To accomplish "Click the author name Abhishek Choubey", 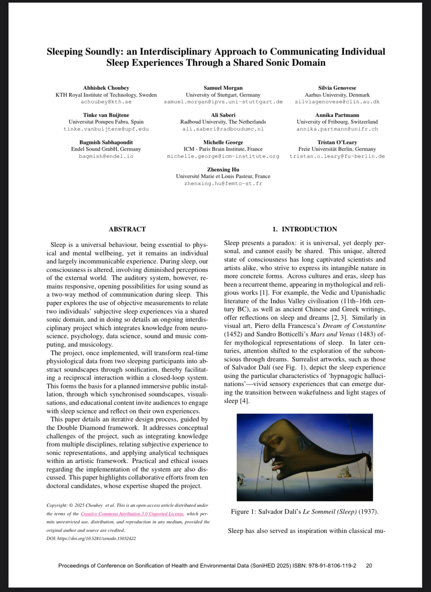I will click(x=106, y=88).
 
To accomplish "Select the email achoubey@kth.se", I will click(x=106, y=102).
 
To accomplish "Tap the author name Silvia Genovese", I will click(x=337, y=88).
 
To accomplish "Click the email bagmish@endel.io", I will click(x=106, y=156).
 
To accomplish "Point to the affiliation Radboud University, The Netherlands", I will click(x=223, y=122).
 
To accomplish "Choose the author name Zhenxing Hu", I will click(x=223, y=170).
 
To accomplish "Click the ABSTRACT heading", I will click(x=127, y=229).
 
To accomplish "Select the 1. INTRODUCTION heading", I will click(x=305, y=229).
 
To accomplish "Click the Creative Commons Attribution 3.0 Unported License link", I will click(x=132, y=514).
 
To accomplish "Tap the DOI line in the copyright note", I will click(x=91, y=539).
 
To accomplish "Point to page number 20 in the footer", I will click(x=369, y=566).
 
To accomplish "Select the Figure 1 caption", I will click(x=305, y=512).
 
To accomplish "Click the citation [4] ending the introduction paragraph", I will click(x=244, y=401).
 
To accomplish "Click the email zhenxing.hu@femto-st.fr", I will click(x=223, y=184).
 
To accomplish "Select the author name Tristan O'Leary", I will click(x=337, y=142).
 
